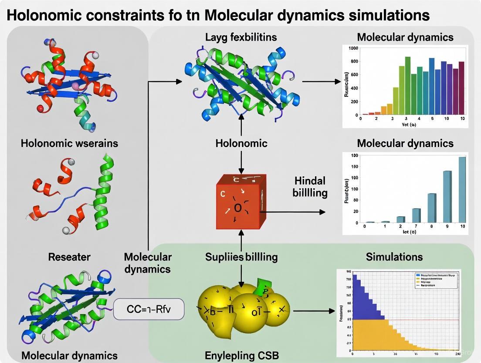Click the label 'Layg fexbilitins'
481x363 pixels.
click(x=240, y=37)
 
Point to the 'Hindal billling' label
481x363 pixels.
click(x=310, y=186)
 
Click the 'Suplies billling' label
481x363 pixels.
click(x=241, y=257)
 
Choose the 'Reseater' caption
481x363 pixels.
click(x=69, y=257)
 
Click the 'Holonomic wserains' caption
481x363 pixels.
click(x=69, y=143)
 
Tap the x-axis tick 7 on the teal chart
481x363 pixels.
click(x=416, y=226)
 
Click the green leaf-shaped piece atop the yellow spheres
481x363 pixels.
click(x=263, y=288)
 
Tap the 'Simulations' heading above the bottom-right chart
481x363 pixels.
click(x=394, y=257)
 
